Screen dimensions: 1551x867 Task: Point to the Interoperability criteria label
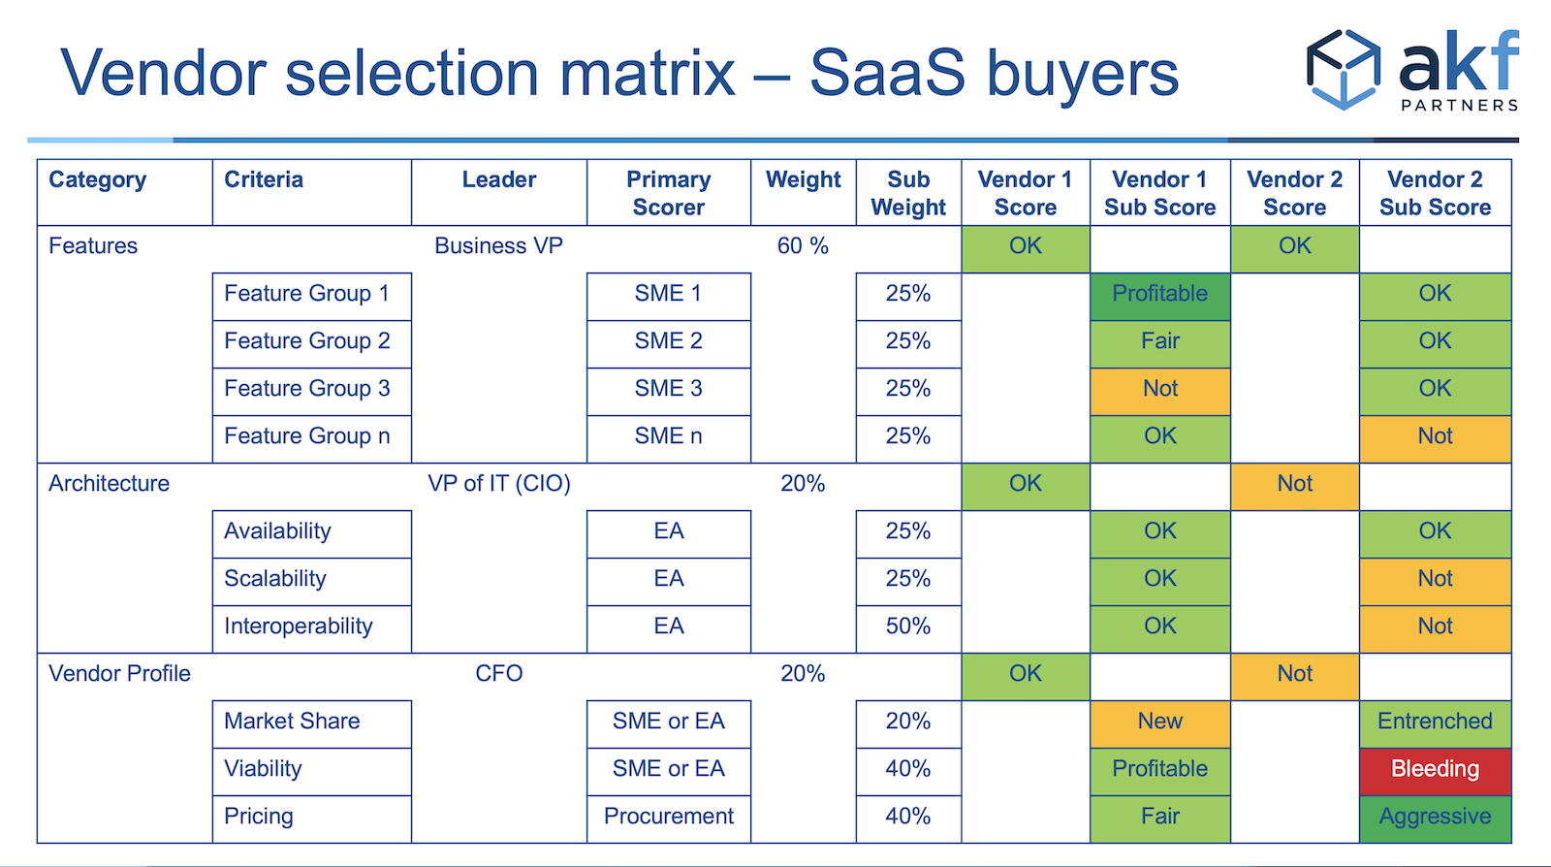[299, 626]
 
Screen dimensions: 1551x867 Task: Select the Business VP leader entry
[498, 245]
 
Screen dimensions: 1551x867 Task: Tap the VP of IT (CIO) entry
[498, 483]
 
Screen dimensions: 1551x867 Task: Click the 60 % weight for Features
[803, 245]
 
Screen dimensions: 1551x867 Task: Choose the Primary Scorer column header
[668, 193]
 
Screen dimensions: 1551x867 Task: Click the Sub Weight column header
[908, 193]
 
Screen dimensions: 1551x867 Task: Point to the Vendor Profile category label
[119, 674]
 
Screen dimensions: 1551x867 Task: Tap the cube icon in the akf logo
[1344, 69]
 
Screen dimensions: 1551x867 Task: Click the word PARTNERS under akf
[1460, 106]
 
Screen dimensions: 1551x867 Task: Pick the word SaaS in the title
[887, 73]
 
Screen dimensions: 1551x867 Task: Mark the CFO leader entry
[498, 674]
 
